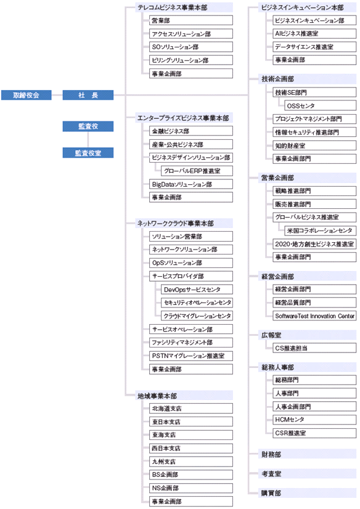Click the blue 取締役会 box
coord(27,95)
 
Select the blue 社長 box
coord(88,95)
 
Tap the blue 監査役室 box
coord(88,153)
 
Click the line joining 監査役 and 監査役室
coord(88,140)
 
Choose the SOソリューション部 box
coord(191,47)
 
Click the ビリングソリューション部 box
coord(191,60)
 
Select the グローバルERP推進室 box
coord(197,171)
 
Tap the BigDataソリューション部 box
coord(191,184)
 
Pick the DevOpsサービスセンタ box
coord(197,290)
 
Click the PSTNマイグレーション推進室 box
coord(191,356)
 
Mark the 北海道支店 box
coord(191,409)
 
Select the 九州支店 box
coord(191,462)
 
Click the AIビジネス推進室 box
coord(314,33)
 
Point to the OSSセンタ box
coord(320,105)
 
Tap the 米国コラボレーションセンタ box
coord(320,230)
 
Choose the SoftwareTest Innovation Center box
coord(314,316)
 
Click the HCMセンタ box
coord(314,420)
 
